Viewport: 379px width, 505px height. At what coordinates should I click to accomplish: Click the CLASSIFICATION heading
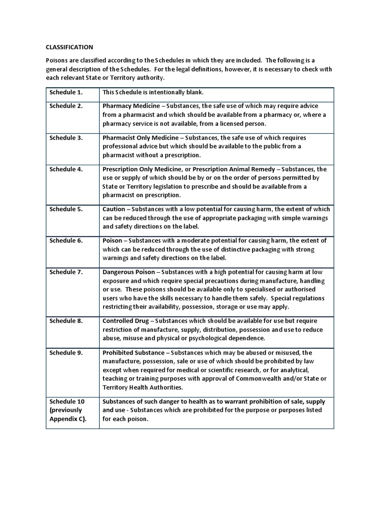pos(69,47)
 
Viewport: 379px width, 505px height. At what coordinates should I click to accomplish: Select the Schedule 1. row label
pos(66,92)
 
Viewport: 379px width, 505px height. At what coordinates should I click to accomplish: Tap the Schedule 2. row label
pos(66,106)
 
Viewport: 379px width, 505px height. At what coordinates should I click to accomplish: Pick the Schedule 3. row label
pos(66,138)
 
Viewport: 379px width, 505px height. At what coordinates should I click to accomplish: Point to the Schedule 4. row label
pos(66,169)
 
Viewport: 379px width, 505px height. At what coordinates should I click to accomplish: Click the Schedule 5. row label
pos(66,209)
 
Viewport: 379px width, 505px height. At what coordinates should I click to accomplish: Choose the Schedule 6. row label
pos(66,241)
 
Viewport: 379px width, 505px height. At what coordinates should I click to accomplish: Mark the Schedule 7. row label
pos(66,272)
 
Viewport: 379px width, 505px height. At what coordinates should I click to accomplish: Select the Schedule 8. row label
pos(66,321)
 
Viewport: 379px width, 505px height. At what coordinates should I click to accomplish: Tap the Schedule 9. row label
pos(66,353)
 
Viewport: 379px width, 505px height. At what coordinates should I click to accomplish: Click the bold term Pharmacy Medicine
pos(131,106)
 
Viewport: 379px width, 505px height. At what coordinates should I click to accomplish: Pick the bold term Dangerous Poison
pos(129,272)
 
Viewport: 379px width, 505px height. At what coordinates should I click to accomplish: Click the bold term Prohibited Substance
pos(133,353)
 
